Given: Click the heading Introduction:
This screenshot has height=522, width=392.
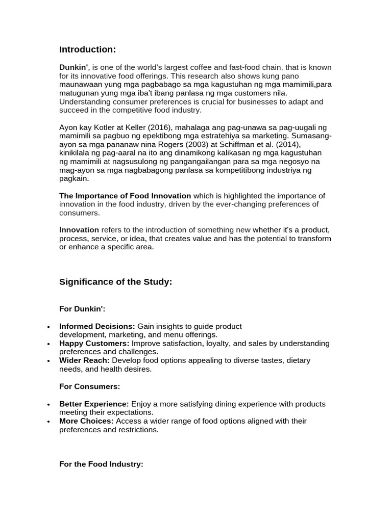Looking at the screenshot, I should coord(87,49).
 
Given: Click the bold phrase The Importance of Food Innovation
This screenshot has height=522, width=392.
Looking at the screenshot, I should coord(125,196).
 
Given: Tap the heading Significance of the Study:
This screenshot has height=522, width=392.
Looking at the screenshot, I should coord(115,282).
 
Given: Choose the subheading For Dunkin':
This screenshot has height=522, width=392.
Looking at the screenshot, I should coord(82,309).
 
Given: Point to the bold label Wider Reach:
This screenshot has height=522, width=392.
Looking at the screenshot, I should coord(84,360).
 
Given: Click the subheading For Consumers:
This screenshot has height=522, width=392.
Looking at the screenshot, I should coord(89,387).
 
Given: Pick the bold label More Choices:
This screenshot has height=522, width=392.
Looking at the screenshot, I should coord(86,421).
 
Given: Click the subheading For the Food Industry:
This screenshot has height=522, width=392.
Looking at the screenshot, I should coord(101,464).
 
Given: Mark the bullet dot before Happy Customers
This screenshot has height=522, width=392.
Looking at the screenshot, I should coord(48,344).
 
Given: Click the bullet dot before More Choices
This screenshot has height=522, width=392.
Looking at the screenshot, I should coord(48,422).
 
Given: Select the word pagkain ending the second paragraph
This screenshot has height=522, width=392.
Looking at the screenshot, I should coord(74,179).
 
